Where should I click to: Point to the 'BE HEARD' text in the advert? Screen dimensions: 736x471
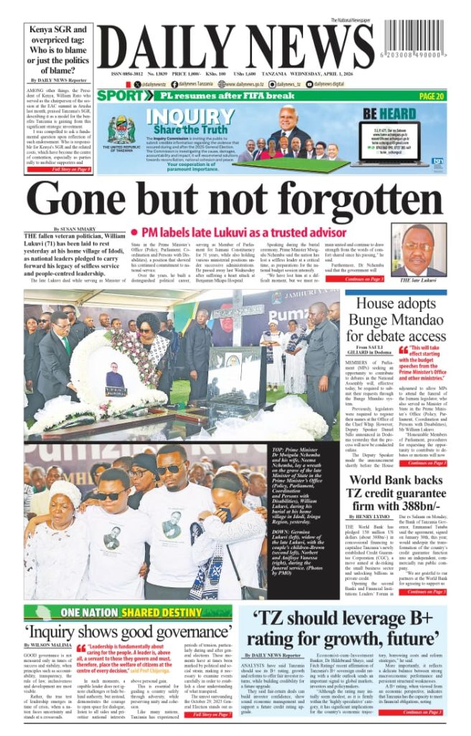click(389, 114)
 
